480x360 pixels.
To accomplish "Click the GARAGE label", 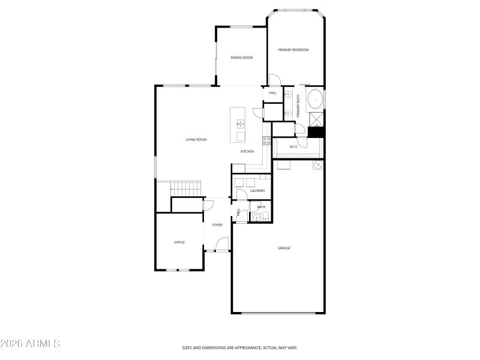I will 284,248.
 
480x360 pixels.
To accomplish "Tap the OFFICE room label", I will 179,242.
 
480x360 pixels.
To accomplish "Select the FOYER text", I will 217,225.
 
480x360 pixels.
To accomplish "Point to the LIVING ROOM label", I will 196,140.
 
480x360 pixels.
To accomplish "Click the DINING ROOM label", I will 242,58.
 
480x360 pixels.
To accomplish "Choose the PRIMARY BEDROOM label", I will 293,50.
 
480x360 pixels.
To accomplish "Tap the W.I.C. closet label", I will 294,146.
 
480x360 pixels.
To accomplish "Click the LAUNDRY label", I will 257,191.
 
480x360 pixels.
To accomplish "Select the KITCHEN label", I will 248,151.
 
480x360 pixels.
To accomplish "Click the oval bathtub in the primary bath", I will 315,100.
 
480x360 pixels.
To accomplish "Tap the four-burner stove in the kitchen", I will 266,142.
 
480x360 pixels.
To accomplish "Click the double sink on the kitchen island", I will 241,124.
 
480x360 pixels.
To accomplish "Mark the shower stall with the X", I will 316,119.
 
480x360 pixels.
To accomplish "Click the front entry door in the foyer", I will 223,245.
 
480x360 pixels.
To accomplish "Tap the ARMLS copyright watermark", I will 30,344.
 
